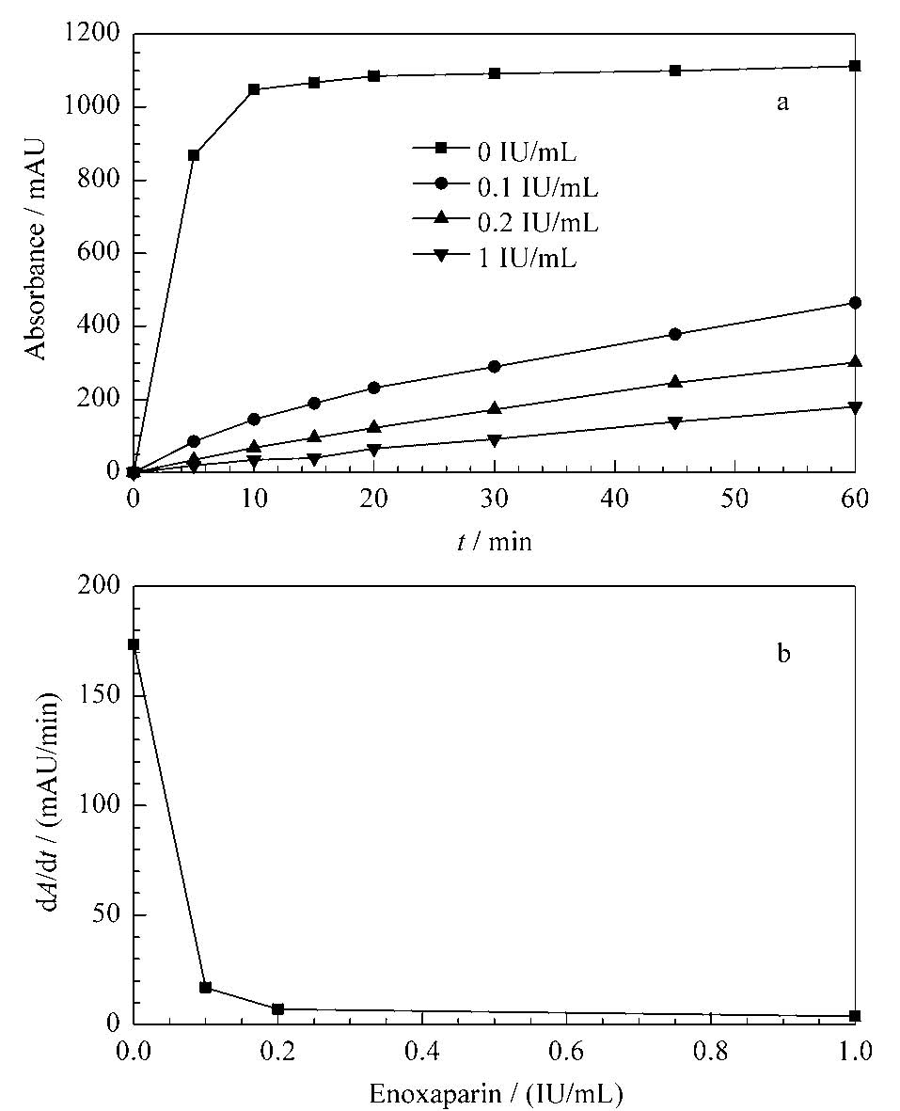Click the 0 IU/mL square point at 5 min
click(x=194, y=155)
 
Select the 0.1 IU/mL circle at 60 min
click(x=855, y=303)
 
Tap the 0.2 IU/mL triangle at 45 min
click(x=675, y=382)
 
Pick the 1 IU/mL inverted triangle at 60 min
click(x=855, y=407)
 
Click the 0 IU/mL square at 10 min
click(x=254, y=90)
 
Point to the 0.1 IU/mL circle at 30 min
click(x=495, y=366)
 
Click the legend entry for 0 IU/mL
click(x=496, y=151)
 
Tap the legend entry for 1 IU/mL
click(x=496, y=257)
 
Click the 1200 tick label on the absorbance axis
click(x=93, y=33)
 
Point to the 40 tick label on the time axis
click(x=615, y=499)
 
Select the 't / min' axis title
click(x=495, y=541)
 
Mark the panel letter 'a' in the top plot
click(x=782, y=103)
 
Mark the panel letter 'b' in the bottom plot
click(x=783, y=653)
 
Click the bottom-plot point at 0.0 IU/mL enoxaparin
click(x=134, y=644)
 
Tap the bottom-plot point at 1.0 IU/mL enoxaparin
click(x=855, y=1015)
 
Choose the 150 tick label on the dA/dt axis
click(x=100, y=695)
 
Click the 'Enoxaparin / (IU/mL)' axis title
click(x=496, y=1094)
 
